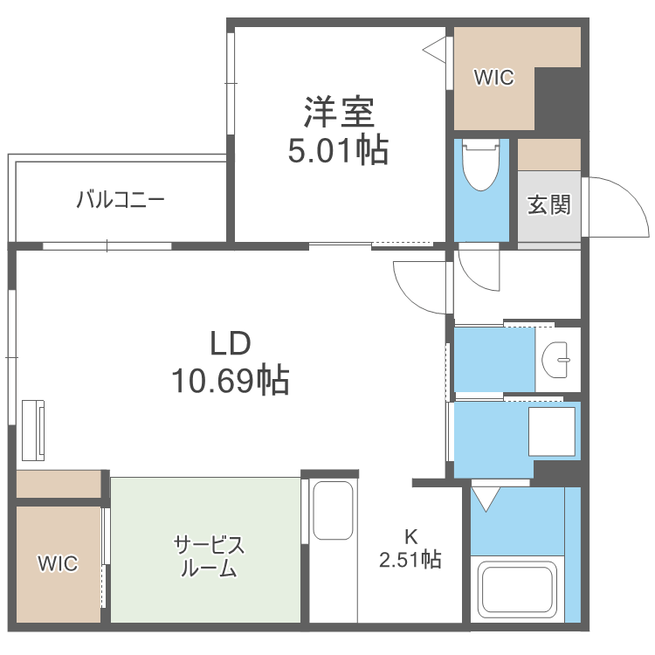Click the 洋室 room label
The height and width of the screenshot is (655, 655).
pos(339,113)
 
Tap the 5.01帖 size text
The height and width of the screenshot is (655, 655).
pos(339,151)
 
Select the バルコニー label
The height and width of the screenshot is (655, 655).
pos(121,200)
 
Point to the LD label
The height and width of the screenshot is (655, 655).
pos(231,343)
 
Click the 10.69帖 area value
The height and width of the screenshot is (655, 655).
pos(231,380)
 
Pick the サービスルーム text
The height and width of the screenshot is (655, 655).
pos(209,556)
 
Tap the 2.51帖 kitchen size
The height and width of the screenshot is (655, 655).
pos(410,559)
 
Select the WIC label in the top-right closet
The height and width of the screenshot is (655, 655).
pos(494,79)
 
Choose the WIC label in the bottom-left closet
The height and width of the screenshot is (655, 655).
pos(58,563)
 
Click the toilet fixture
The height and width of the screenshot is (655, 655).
pos(479,165)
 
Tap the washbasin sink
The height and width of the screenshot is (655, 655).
pos(556,358)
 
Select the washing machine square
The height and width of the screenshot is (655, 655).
pos(552,431)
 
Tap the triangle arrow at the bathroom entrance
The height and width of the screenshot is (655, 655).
pos(486,500)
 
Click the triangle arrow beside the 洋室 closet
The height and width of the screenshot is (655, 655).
pos(435,50)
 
